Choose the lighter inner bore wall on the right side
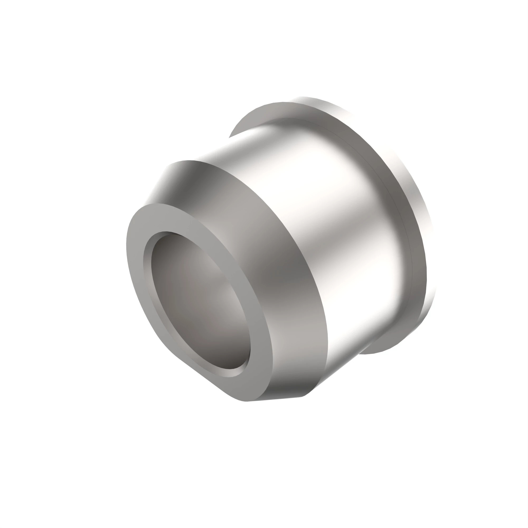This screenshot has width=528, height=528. tap(230, 295)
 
